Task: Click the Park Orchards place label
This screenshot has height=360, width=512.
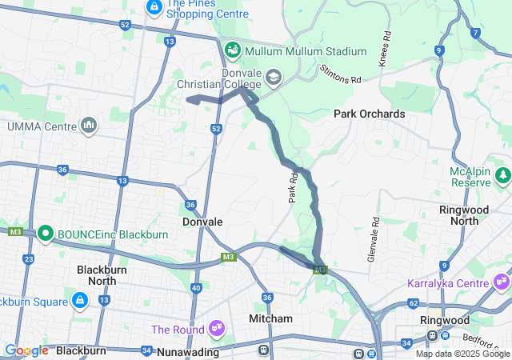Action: pos(369,114)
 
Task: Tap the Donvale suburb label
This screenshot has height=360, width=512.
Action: pos(202,222)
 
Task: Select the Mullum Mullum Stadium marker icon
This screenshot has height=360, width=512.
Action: pos(233,51)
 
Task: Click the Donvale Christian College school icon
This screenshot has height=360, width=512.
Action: pos(273,77)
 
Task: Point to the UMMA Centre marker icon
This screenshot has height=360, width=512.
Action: pos(89,126)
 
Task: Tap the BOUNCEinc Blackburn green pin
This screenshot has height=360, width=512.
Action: pos(46,234)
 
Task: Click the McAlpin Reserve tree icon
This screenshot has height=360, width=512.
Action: pos(503,174)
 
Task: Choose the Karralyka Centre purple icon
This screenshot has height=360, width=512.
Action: pos(502,282)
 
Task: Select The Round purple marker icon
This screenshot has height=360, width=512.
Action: pos(216,328)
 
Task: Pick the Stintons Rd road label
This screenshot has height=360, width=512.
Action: pos(340,74)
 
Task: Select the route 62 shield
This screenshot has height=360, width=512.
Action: pos(413,304)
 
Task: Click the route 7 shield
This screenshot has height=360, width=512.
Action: pos(476,33)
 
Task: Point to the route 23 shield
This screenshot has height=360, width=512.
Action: pos(29,259)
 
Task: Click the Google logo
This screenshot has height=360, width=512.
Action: pos(26,350)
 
